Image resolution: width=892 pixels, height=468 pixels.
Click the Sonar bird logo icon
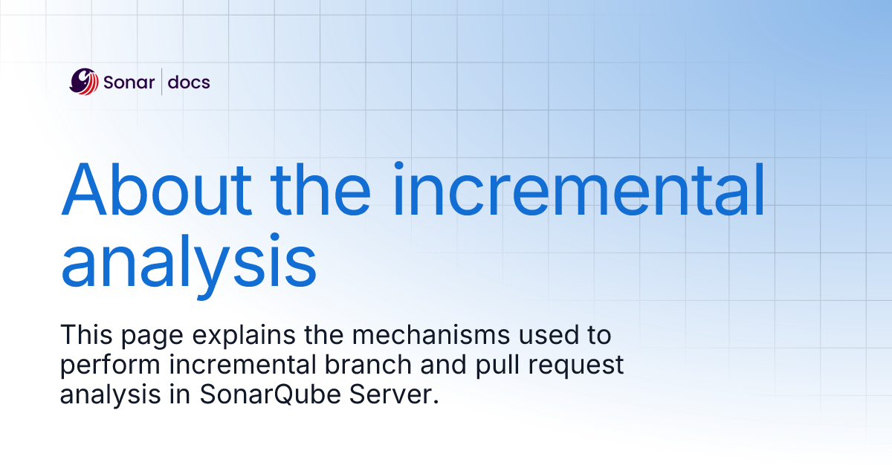(83, 82)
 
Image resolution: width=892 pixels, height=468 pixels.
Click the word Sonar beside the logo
(129, 82)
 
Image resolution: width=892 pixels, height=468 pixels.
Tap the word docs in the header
(189, 82)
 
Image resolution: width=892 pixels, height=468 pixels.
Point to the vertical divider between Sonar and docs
(162, 82)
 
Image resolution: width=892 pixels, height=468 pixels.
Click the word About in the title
(157, 189)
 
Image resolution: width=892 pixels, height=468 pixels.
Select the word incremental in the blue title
(579, 189)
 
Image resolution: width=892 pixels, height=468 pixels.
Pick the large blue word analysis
(189, 261)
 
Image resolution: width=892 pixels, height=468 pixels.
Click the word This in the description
(86, 335)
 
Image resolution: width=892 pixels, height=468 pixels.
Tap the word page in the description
(152, 337)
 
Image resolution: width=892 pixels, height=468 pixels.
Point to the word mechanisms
(431, 335)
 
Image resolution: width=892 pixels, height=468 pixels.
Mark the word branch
(368, 365)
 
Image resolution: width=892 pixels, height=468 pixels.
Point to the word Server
(394, 394)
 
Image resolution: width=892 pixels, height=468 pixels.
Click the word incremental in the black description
(242, 365)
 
